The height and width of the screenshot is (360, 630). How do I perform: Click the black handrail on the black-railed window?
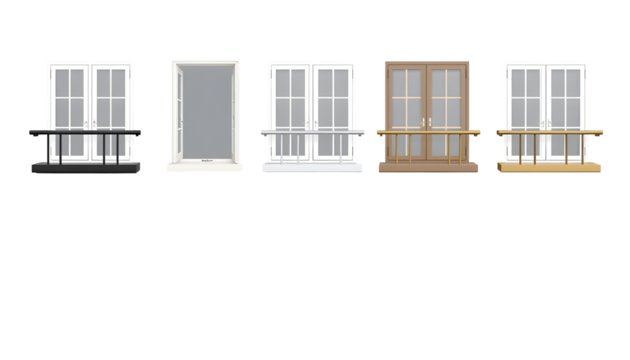pyautogui.click(x=86, y=132)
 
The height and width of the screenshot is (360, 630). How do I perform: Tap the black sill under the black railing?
pyautogui.click(x=86, y=167)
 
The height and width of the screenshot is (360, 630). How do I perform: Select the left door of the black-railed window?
pyautogui.click(x=69, y=100)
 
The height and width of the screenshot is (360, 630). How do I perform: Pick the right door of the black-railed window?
pyautogui.click(x=110, y=100)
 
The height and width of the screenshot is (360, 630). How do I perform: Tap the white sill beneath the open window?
pyautogui.click(x=205, y=167)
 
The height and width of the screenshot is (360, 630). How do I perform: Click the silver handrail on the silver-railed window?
pyautogui.click(x=312, y=132)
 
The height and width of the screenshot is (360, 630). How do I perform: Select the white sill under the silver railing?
pyautogui.click(x=312, y=167)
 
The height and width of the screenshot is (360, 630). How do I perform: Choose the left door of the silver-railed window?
pyautogui.click(x=290, y=100)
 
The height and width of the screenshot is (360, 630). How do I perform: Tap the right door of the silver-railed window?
pyautogui.click(x=333, y=100)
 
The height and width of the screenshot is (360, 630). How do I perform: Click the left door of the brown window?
pyautogui.click(x=406, y=100)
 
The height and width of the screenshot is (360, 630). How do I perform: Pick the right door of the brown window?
pyautogui.click(x=447, y=100)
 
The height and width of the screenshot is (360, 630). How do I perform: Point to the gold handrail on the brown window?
pyautogui.click(x=428, y=132)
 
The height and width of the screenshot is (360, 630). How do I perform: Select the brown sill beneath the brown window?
pyautogui.click(x=428, y=167)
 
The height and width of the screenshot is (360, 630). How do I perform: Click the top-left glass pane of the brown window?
pyautogui.click(x=399, y=82)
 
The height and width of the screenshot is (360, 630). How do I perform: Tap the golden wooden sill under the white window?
pyautogui.click(x=549, y=167)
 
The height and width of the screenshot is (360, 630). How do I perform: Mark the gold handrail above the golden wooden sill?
pyautogui.click(x=549, y=132)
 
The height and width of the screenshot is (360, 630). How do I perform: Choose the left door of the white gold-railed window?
pyautogui.click(x=527, y=100)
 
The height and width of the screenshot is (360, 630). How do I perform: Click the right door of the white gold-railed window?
pyautogui.click(x=568, y=100)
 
